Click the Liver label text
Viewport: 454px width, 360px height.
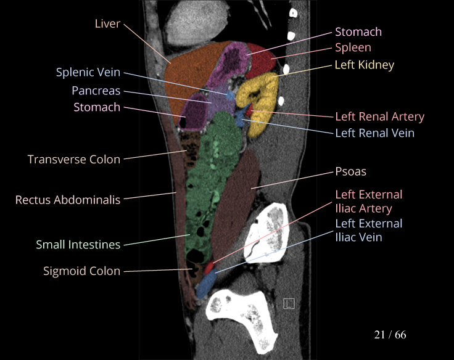[107, 23]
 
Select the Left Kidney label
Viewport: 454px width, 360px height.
[364, 64]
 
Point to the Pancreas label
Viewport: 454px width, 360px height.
[96, 90]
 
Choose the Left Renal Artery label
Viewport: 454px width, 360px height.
[379, 117]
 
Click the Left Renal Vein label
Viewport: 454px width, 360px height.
[374, 133]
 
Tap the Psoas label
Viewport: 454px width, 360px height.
[350, 171]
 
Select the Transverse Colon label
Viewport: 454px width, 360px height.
[74, 159]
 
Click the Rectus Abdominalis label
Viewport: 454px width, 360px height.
[68, 200]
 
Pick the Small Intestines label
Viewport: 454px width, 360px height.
[78, 245]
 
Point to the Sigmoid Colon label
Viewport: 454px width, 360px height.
[81, 271]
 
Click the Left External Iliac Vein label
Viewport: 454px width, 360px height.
[368, 230]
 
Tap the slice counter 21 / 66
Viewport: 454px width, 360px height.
[390, 335]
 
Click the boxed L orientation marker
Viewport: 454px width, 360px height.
[289, 303]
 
